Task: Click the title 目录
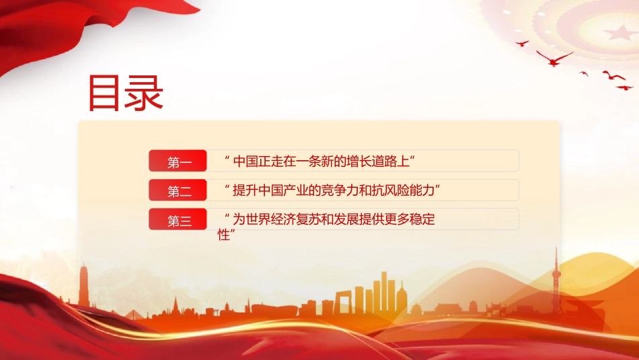[126, 93]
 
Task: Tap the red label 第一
[178, 161]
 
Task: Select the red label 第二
[178, 190]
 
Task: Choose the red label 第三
[178, 219]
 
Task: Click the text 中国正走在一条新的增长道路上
[321, 161]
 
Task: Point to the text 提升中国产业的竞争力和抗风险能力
[334, 190]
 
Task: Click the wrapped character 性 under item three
[223, 235]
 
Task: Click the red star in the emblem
[620, 32]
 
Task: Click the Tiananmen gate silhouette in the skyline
[447, 308]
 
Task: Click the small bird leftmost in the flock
[522, 43]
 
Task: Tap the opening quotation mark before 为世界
[227, 214]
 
